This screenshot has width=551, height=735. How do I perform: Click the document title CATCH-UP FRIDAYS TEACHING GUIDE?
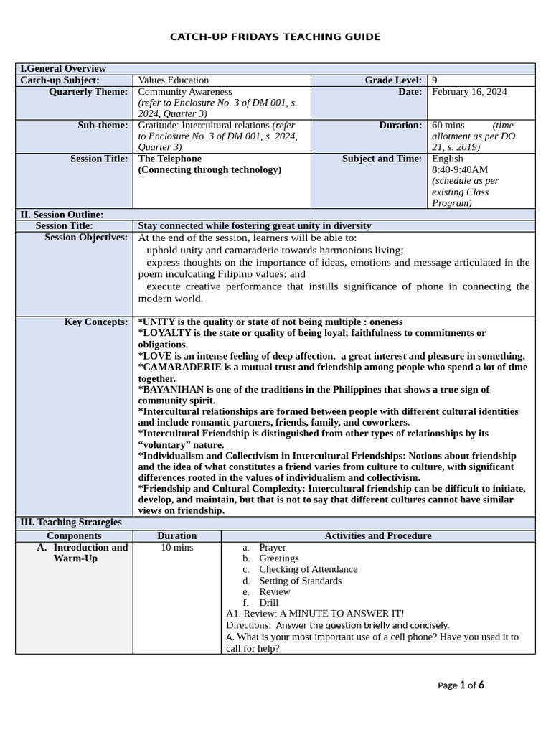(275, 37)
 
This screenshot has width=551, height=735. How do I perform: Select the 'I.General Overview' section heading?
(63, 69)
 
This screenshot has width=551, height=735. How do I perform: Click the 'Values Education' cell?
(173, 80)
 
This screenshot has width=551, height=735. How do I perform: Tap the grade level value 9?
(435, 80)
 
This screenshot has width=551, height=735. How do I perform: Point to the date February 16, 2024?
(469, 92)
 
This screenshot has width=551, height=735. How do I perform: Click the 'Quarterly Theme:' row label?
(88, 92)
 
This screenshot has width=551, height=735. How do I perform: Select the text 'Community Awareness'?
(185, 92)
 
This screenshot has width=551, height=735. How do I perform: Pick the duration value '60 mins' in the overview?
(448, 126)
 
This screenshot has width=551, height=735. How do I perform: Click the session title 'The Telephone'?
(169, 159)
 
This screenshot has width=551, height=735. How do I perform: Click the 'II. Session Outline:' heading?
(62, 215)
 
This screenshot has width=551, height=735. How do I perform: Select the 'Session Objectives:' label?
(86, 238)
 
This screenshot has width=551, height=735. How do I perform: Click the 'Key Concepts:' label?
(96, 322)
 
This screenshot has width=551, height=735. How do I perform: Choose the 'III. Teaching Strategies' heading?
(70, 523)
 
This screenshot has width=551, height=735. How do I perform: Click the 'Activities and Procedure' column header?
(378, 536)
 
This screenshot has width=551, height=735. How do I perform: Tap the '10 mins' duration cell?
(176, 548)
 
